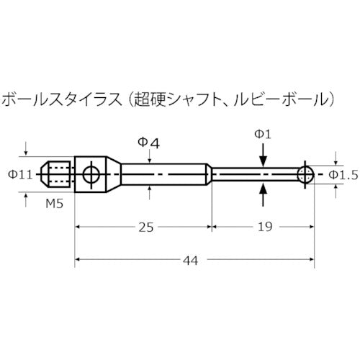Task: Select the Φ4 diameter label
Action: coord(148,143)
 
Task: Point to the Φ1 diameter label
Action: coord(264,134)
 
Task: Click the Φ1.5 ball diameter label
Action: coord(343,174)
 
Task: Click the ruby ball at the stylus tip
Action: coord(305,174)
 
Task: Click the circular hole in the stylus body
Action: coord(90,174)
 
